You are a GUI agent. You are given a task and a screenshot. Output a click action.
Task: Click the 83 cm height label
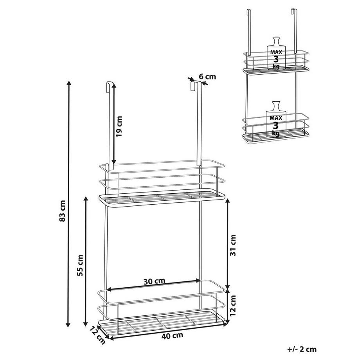tap(62, 211)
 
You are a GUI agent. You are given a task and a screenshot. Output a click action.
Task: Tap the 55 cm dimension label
tap(80, 265)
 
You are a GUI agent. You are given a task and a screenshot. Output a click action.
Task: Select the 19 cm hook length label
tap(119, 126)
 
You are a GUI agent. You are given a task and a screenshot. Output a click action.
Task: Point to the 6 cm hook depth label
tap(207, 76)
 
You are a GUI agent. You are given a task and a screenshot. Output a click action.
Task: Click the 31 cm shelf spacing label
tap(232, 245)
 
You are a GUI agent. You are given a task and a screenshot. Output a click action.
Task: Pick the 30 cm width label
tap(154, 281)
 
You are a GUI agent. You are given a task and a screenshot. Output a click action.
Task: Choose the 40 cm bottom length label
tap(173, 336)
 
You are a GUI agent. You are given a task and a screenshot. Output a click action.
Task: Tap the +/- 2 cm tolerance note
tap(302, 349)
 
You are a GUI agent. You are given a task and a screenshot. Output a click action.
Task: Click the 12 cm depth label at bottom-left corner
tap(97, 336)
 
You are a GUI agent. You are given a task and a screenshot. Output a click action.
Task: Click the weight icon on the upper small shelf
tap(276, 53)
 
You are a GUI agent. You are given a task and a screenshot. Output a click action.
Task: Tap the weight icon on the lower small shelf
tap(276, 119)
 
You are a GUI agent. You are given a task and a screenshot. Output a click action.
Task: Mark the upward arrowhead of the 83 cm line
tap(68, 83)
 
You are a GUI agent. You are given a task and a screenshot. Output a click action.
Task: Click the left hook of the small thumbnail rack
tap(248, 32)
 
